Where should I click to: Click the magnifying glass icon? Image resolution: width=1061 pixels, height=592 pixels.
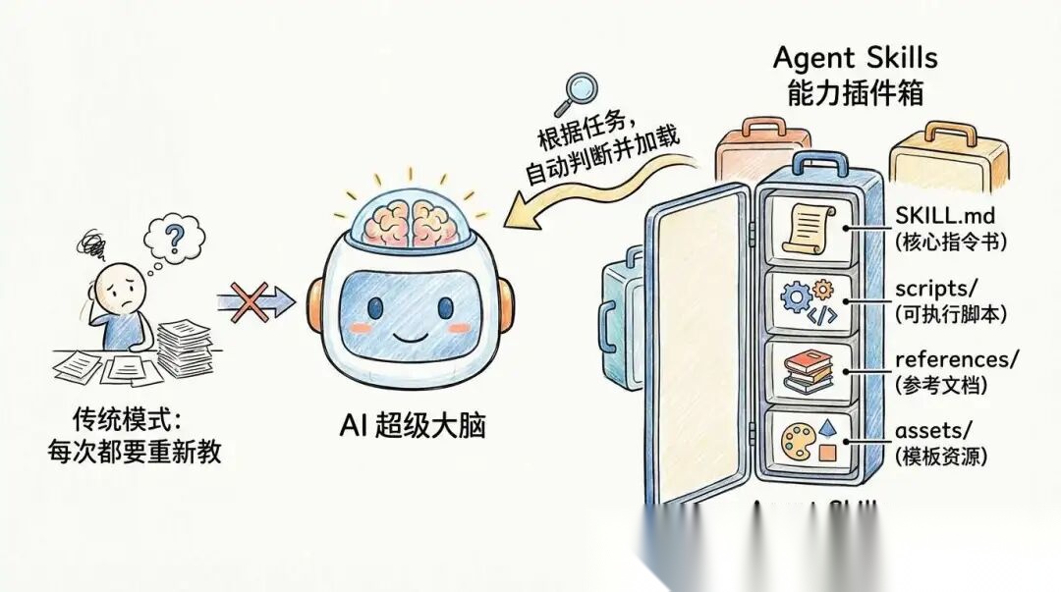(577, 90)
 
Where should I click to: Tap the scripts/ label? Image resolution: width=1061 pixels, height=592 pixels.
(933, 289)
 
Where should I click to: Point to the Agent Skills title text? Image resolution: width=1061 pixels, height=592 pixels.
(854, 57)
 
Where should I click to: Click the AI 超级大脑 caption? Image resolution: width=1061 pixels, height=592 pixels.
(410, 427)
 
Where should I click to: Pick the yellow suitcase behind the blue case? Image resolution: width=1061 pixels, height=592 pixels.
(947, 163)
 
